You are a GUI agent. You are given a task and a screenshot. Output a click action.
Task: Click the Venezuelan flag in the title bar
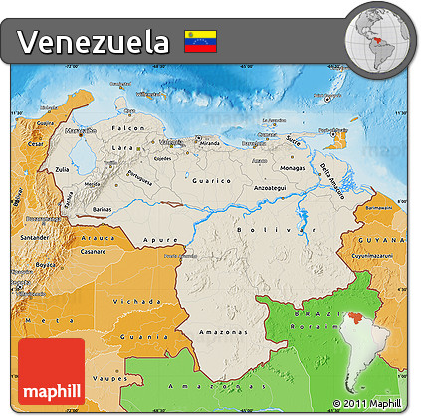(x=201, y=42)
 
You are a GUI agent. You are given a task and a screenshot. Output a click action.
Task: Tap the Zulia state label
(x=62, y=170)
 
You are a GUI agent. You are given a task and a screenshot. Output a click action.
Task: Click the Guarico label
(x=216, y=180)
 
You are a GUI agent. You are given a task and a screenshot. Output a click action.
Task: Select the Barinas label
(x=101, y=210)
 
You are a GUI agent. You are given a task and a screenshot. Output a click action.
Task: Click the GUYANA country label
(x=386, y=241)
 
